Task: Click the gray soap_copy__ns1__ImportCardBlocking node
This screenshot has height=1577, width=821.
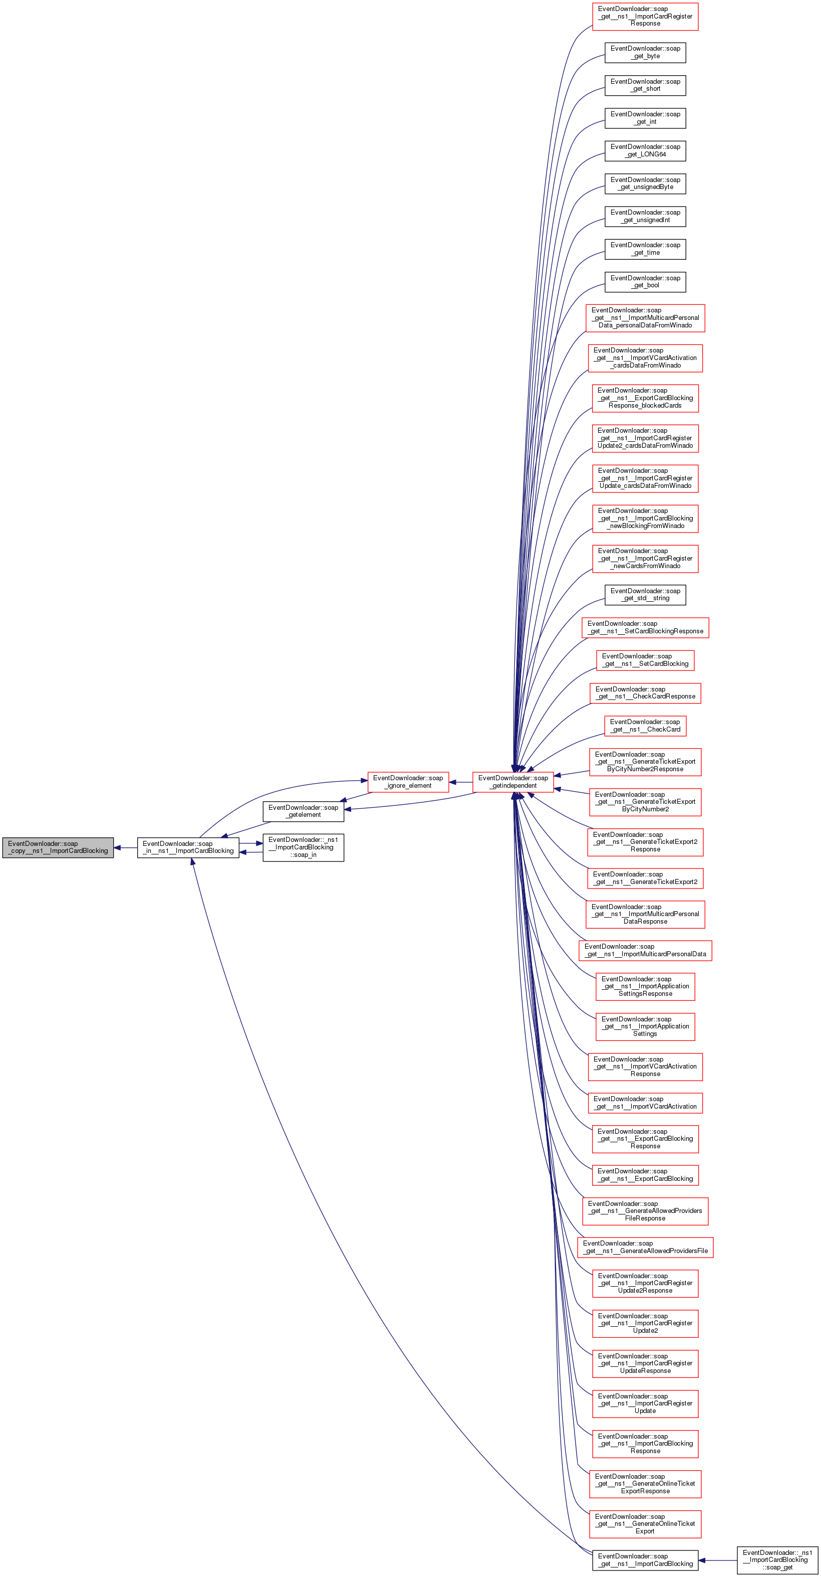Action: (58, 847)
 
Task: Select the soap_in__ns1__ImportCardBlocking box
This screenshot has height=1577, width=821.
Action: (188, 847)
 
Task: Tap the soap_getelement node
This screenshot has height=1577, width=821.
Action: (303, 811)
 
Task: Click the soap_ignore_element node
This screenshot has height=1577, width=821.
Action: (408, 782)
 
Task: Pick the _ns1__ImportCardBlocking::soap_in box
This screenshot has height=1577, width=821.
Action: (303, 847)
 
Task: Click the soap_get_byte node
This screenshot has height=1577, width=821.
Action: (645, 53)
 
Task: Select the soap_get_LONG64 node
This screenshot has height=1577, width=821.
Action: (645, 150)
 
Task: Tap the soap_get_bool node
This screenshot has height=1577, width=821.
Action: (645, 282)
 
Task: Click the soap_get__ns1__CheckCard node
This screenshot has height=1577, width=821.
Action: (645, 726)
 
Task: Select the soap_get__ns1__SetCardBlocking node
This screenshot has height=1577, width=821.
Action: (645, 660)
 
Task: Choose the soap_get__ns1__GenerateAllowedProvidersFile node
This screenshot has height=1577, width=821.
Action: (645, 1247)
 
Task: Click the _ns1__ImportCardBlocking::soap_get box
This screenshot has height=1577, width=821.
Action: (777, 1560)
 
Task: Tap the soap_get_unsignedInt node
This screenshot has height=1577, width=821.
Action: (645, 216)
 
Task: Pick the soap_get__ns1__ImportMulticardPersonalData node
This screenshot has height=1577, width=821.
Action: (645, 950)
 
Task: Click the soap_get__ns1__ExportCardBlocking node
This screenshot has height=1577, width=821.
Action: (645, 1175)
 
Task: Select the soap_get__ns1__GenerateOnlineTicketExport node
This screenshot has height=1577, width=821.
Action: (645, 1524)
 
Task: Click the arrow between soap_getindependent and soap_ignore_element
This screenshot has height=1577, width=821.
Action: (461, 782)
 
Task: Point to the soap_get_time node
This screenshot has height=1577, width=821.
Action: (645, 249)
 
